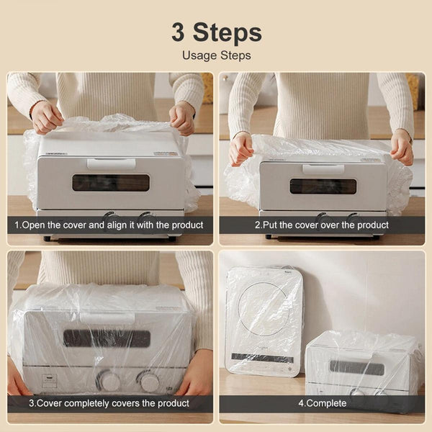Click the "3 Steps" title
[216, 32]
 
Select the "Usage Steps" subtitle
[216, 55]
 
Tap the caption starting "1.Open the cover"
[109, 225]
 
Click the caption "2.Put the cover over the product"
[322, 225]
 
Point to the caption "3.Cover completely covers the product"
[109, 403]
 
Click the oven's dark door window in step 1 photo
[111, 182]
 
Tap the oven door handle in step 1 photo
[111, 163]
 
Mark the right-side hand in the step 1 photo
[182, 117]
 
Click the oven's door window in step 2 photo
[323, 186]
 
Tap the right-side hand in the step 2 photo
[402, 147]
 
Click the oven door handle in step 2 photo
[323, 169]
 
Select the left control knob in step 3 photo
[110, 380]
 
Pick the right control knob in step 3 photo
[149, 380]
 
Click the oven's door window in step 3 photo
[107, 338]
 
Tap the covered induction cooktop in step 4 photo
[264, 321]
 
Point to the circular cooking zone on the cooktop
[265, 310]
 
